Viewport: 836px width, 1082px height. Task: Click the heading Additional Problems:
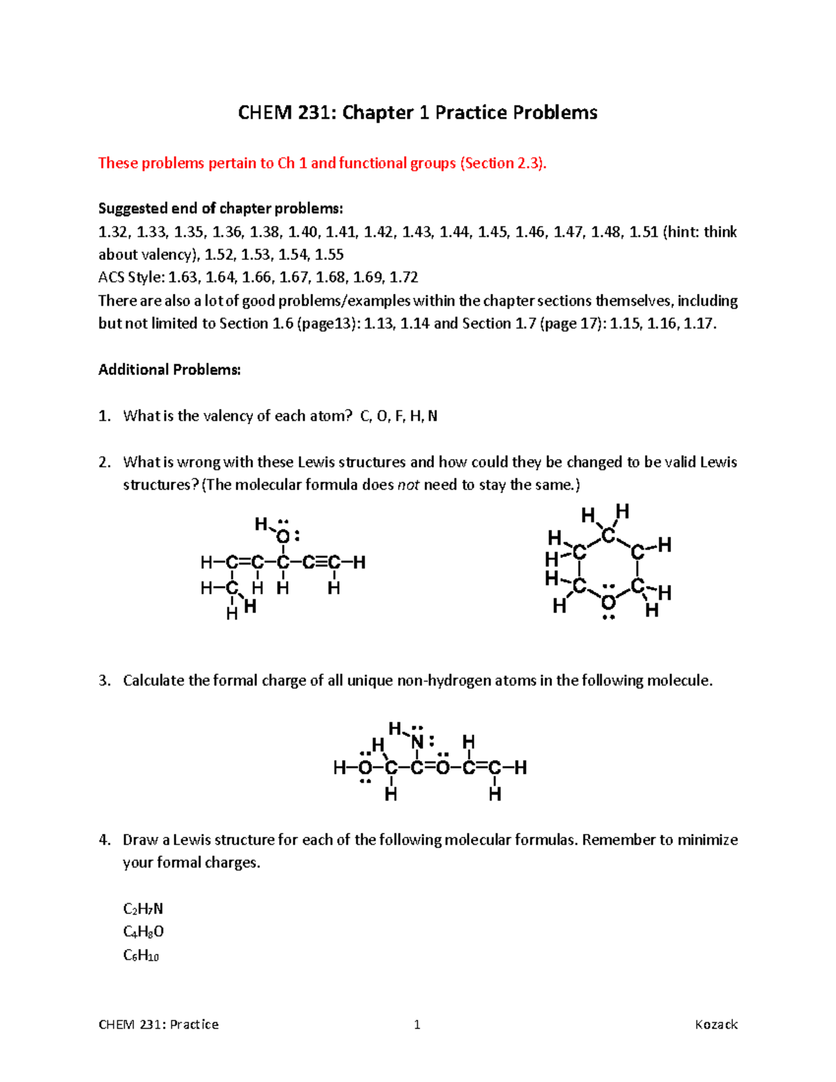169,370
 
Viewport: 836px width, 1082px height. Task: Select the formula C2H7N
143,909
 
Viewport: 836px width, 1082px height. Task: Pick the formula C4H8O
144,932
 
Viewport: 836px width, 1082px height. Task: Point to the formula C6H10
141,955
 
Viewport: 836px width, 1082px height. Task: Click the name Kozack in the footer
716,1024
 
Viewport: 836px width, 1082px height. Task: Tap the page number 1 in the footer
417,1024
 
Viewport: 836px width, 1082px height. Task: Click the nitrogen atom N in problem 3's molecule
417,742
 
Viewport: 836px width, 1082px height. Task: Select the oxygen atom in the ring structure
609,601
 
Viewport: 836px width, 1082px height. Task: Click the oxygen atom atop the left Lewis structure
283,537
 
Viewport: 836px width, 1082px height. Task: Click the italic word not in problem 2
408,485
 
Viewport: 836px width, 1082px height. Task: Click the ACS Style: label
132,277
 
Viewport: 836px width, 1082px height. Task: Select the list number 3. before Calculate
104,681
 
